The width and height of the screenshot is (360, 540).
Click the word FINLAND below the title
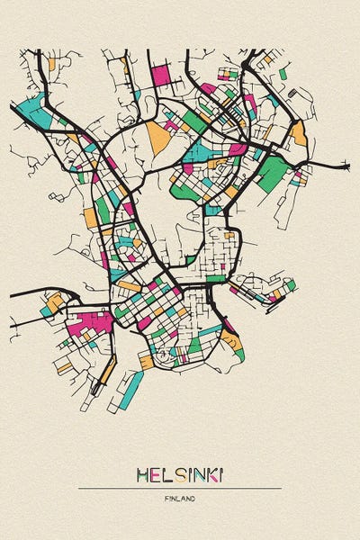point(180,498)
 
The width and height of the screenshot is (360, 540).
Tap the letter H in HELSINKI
point(142,473)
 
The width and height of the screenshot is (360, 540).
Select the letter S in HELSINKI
point(178,473)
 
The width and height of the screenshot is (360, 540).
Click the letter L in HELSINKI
point(166,473)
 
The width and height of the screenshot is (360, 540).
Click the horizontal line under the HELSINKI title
point(180,488)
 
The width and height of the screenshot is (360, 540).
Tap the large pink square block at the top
point(160,75)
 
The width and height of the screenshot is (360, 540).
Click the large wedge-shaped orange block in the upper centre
point(158,136)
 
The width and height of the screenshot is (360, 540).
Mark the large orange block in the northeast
point(298,134)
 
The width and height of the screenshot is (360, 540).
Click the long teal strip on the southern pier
point(131,390)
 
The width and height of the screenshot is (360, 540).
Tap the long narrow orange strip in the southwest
point(108,370)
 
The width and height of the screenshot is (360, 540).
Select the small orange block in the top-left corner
point(51,65)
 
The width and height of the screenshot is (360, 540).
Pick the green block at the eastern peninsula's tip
point(290,285)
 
